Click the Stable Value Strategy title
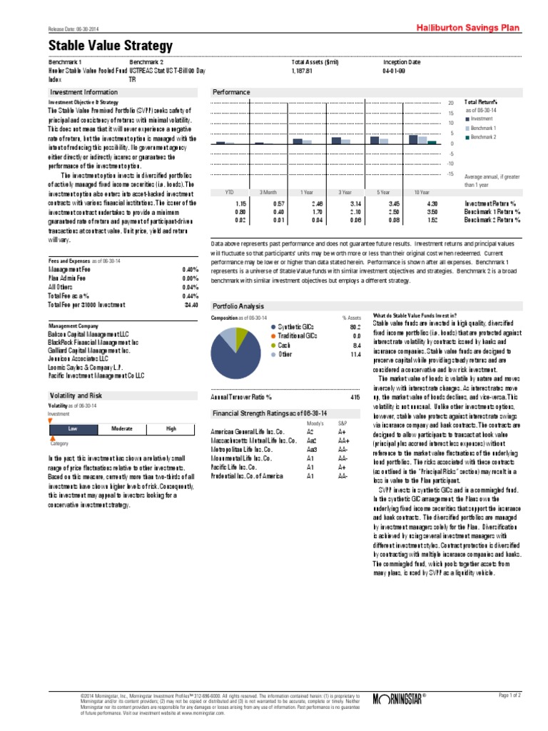111,46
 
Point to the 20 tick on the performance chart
450,102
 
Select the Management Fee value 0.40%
189,269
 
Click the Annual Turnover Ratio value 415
355,395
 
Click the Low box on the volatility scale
72,429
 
